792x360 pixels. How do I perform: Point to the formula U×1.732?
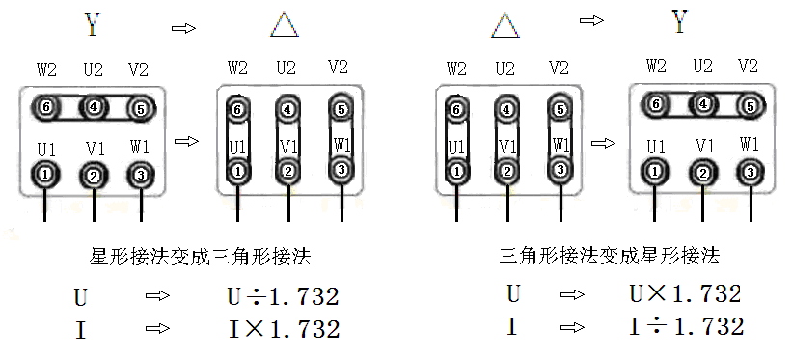[684, 294]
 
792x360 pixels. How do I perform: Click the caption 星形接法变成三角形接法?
[200, 257]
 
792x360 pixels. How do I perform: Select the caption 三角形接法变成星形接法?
[611, 256]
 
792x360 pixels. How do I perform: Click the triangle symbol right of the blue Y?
[285, 24]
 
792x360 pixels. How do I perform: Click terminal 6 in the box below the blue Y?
[45, 108]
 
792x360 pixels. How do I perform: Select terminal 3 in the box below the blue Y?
[141, 175]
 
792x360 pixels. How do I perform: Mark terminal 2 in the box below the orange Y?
[703, 172]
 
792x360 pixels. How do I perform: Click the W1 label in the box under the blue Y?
[141, 148]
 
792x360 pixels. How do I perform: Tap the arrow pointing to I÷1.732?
[572, 327]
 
